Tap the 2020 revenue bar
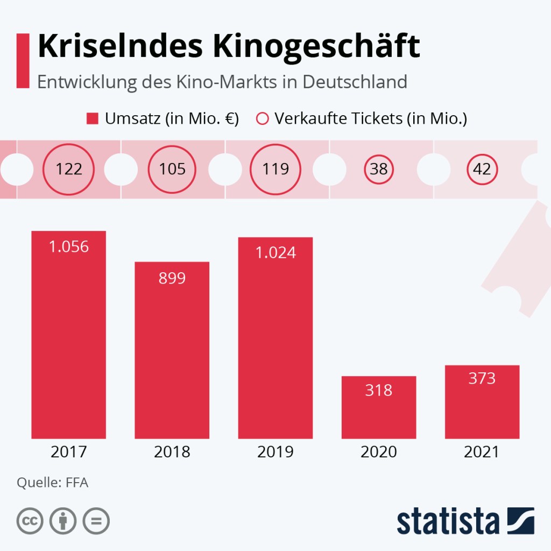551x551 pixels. tap(379, 409)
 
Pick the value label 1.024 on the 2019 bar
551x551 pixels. tap(275, 252)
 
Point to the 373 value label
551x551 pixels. tap(482, 379)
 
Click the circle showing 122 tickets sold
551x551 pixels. tap(69, 169)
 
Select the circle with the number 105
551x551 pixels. tap(172, 169)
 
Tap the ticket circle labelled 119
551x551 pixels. tap(275, 169)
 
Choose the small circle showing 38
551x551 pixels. tap(379, 169)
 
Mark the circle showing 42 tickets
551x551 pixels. tap(482, 169)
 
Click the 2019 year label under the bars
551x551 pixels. tap(275, 452)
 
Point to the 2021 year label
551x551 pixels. tap(482, 452)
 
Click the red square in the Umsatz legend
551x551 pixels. tap(93, 118)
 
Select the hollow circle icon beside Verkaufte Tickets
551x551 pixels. tap(262, 118)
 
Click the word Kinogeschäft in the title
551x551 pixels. tap(316, 47)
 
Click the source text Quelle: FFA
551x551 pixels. tap(52, 482)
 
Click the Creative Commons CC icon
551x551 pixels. tap(30, 521)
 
